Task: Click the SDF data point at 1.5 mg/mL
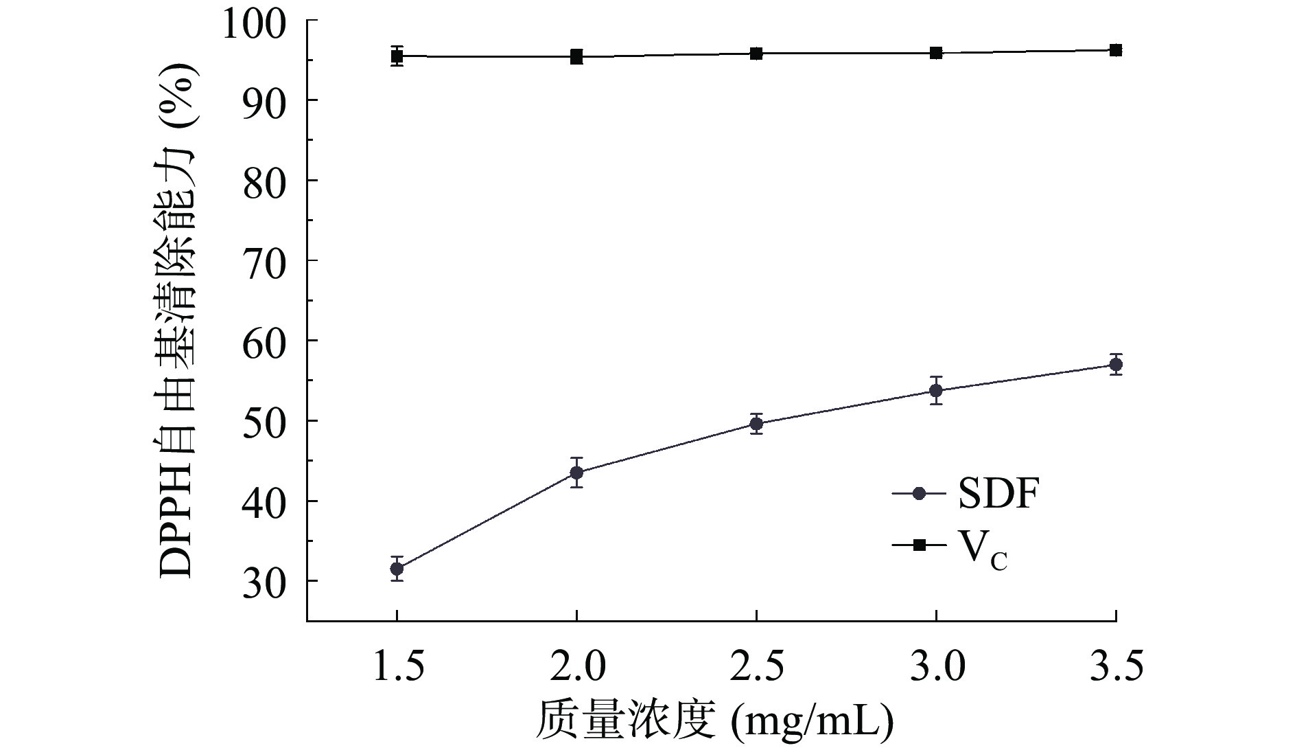coord(397,569)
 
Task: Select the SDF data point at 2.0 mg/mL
coord(576,473)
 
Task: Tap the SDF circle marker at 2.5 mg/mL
coord(756,424)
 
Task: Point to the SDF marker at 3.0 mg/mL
coord(936,391)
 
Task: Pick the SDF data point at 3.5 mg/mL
coord(1116,364)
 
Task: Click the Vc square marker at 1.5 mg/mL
coord(397,56)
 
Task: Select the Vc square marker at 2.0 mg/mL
coord(576,56)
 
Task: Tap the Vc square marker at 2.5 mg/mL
coord(756,54)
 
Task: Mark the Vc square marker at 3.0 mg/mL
coord(936,53)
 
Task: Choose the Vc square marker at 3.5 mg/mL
coord(1116,50)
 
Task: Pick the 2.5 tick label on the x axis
coord(756,667)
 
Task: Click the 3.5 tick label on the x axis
coord(1116,667)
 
